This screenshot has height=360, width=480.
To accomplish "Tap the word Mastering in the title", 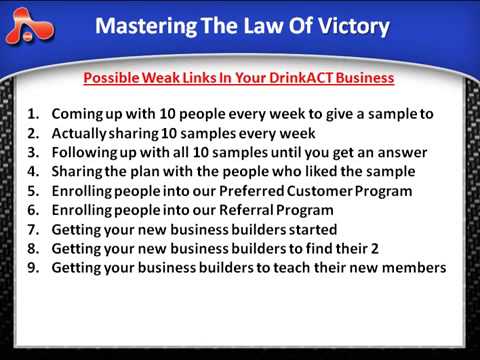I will pyautogui.click(x=146, y=26).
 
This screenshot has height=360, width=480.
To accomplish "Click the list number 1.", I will pyautogui.click(x=33, y=114).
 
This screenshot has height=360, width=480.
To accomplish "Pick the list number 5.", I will pyautogui.click(x=33, y=190).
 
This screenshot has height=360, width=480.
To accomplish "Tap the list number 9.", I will pyautogui.click(x=33, y=268).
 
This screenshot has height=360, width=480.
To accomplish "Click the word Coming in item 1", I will pyautogui.click(x=77, y=114).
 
